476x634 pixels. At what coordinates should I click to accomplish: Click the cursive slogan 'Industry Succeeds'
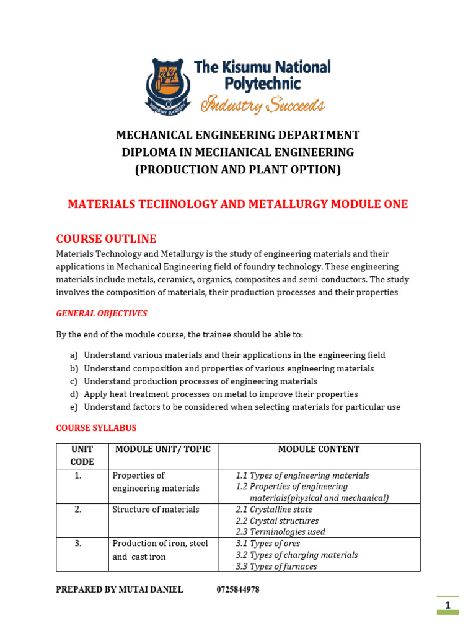(x=262, y=105)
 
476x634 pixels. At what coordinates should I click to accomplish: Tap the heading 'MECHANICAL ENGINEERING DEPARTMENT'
(x=238, y=135)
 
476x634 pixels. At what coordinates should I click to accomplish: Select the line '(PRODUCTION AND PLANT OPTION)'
(x=238, y=170)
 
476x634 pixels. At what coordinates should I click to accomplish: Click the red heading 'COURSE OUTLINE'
(x=106, y=239)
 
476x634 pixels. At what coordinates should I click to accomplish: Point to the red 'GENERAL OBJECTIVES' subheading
(x=102, y=314)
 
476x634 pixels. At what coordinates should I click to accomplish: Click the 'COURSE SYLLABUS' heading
(x=96, y=428)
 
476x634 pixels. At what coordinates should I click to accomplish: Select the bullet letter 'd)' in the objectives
(x=74, y=394)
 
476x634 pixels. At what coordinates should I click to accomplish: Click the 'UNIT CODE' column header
(x=82, y=455)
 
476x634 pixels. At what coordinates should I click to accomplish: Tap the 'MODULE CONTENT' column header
(x=319, y=449)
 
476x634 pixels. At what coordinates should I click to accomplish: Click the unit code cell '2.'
(x=78, y=510)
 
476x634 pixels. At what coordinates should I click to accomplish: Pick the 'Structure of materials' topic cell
(x=156, y=510)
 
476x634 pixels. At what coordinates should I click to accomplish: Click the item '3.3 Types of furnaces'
(x=276, y=566)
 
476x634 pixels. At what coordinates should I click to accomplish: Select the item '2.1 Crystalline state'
(x=274, y=510)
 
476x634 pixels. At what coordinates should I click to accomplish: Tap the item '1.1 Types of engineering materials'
(x=302, y=475)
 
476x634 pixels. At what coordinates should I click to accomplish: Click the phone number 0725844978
(x=238, y=589)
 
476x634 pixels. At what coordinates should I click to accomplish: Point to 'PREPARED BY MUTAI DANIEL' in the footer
(x=120, y=589)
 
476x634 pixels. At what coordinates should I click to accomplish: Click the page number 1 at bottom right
(x=447, y=604)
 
